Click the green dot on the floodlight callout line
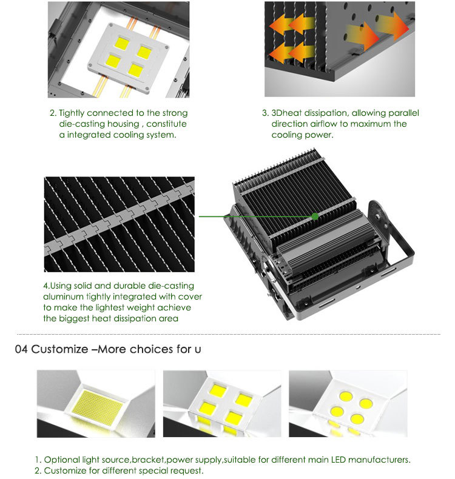[x=315, y=216]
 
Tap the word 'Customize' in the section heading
[x=59, y=349]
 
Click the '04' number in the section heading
[x=21, y=349]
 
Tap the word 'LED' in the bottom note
[x=339, y=460]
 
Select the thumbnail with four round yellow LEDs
[x=348, y=404]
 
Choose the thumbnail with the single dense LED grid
[x=96, y=404]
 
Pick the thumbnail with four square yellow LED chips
[x=222, y=404]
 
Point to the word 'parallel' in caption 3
[x=403, y=113]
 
